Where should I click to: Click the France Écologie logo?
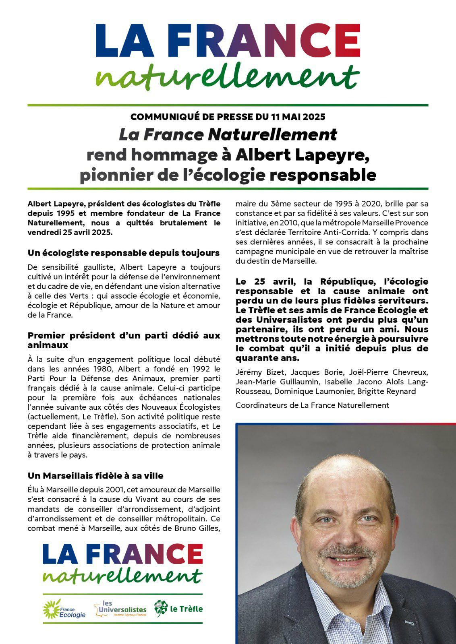(64, 609)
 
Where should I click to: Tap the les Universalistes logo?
(120, 609)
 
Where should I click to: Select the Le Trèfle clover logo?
(178, 609)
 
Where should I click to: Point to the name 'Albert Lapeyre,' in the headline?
(303, 155)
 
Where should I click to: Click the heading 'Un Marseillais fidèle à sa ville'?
(95, 476)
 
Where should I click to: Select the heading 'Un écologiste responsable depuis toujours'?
(124, 253)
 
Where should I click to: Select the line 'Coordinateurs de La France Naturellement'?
(312, 405)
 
